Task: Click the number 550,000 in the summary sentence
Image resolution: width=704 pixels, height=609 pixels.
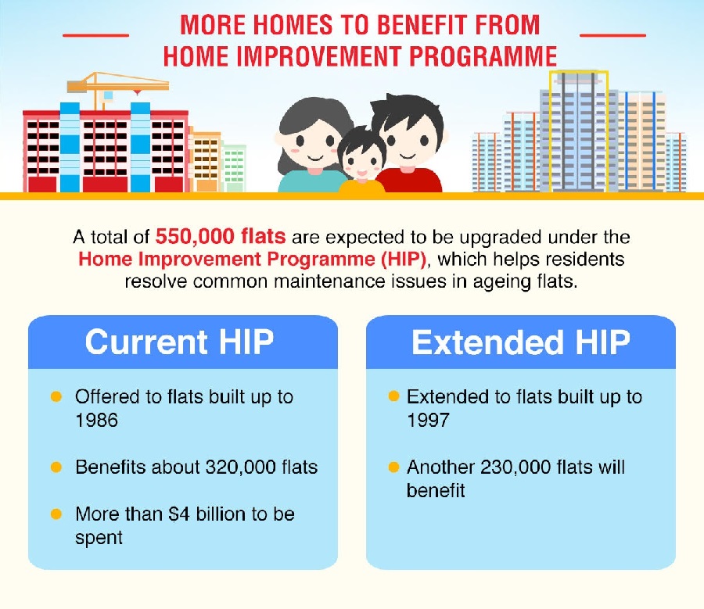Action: pos(195,237)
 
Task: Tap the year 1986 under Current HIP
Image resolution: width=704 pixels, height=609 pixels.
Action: pos(96,421)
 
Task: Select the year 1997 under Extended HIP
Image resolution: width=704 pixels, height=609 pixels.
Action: pos(428,421)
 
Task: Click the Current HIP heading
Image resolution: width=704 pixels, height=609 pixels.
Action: pos(180,342)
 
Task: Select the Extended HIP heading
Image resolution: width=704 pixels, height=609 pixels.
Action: pos(521,342)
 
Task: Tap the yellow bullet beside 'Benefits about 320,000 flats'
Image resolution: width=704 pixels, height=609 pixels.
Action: pos(56,467)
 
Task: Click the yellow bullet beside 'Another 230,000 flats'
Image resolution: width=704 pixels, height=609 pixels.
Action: pos(393,467)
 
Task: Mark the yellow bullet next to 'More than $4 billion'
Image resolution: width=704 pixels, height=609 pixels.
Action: pos(56,514)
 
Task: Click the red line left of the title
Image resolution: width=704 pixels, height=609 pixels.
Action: pos(96,34)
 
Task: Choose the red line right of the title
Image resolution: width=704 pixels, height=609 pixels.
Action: pos(612,34)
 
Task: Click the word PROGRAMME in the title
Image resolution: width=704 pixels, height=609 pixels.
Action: pos(483,56)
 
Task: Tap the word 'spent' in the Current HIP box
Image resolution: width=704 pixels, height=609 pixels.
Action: pos(99,538)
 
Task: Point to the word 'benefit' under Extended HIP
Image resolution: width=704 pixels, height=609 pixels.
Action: pos(436,490)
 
